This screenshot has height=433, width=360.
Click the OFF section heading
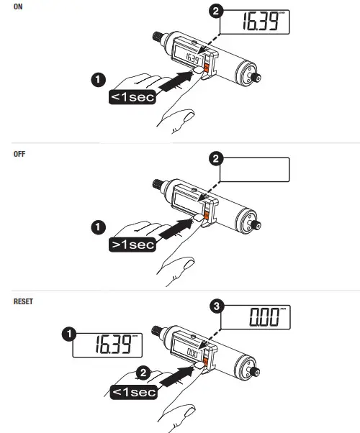[x=19, y=154]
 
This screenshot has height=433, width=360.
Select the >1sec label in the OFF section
[x=132, y=245]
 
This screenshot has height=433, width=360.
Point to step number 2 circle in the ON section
[x=215, y=12]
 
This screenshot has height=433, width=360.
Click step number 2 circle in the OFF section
[x=215, y=159]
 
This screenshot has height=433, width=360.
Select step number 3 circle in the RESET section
[x=215, y=307]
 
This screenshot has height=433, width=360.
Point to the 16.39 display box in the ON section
[x=256, y=22]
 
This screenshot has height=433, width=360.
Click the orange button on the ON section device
[x=206, y=68]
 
